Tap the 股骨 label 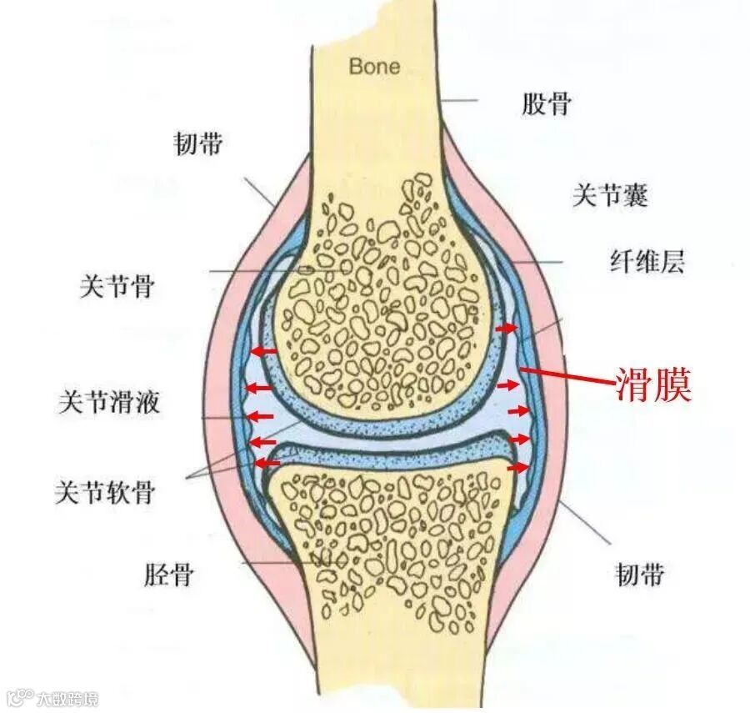547,104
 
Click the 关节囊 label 609,196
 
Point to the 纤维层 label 646,263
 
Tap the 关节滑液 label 108,404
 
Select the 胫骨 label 167,574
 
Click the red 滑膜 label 653,386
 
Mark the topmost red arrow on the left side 266,351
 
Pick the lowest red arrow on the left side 267,462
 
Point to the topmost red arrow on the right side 505,330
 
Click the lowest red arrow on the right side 517,468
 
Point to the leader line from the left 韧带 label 258,191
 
